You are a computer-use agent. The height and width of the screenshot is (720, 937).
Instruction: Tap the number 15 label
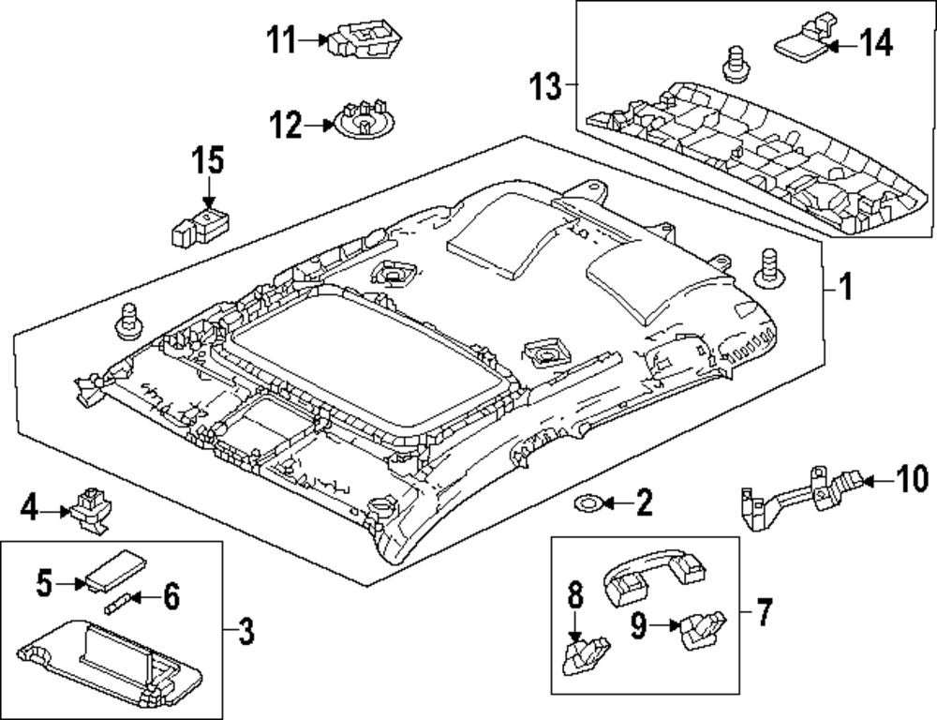coord(208,160)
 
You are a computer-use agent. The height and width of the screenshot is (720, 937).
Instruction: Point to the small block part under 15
coord(201,227)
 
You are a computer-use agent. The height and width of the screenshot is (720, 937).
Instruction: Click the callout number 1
coord(844,288)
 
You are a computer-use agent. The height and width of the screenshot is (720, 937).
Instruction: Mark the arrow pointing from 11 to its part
coord(310,40)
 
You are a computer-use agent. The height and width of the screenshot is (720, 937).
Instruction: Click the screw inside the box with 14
coord(736,65)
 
